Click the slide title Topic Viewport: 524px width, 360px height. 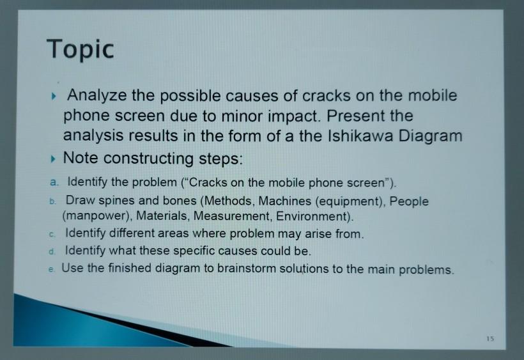pyautogui.click(x=81, y=49)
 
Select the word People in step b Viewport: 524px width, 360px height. pyautogui.click(x=409, y=201)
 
